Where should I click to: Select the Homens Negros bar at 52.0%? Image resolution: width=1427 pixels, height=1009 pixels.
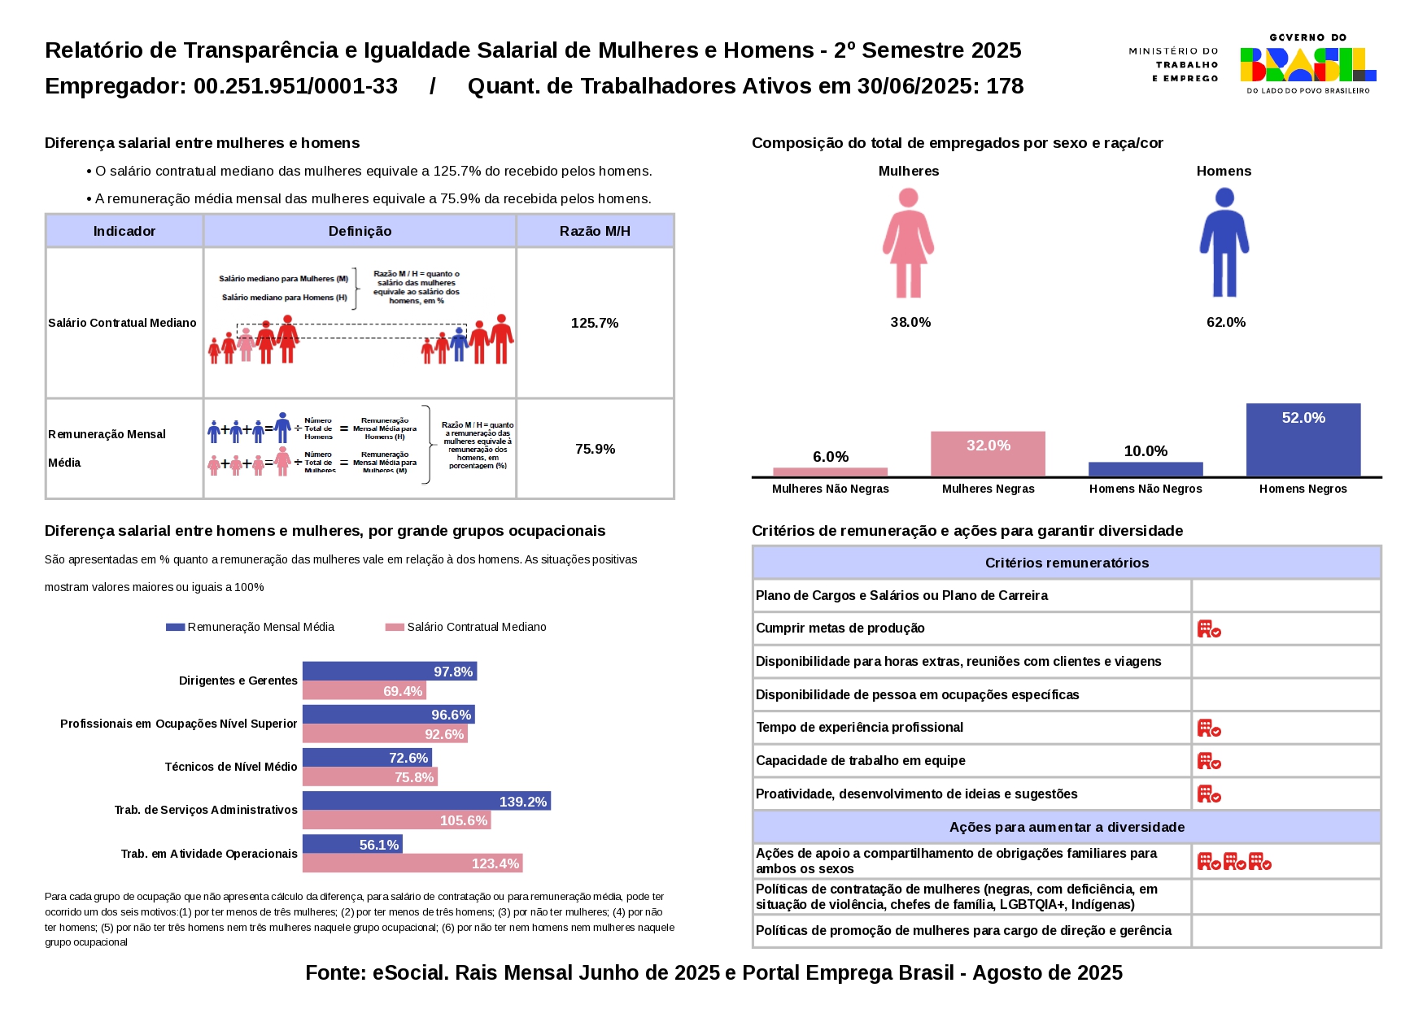tap(1303, 440)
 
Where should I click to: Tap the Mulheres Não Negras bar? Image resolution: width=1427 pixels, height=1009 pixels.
tap(830, 472)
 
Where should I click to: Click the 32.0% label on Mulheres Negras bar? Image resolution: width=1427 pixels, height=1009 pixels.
tap(988, 446)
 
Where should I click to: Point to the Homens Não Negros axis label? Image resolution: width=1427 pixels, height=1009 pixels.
tap(1145, 489)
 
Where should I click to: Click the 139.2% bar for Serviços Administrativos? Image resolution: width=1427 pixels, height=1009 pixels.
tap(426, 801)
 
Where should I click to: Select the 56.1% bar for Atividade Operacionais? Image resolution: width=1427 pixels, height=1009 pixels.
tap(352, 844)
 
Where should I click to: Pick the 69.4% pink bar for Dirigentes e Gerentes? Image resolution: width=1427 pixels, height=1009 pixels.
tap(364, 691)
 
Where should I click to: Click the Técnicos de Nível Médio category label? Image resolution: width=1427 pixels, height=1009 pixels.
tap(231, 767)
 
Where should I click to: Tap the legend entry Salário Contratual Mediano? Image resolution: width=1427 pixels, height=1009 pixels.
tap(476, 627)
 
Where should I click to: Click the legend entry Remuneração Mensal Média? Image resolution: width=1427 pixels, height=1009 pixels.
tap(260, 627)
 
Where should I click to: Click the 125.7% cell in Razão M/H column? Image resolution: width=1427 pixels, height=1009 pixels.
tap(595, 323)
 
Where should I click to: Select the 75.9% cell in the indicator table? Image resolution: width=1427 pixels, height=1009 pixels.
tap(595, 449)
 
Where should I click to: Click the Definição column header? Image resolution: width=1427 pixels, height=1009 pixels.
tap(360, 231)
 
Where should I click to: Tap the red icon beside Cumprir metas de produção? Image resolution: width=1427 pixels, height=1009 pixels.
tap(1208, 628)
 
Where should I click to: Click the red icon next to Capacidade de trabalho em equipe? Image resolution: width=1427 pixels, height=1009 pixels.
tap(1208, 761)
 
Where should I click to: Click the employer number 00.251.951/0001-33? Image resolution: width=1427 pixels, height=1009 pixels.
tap(295, 86)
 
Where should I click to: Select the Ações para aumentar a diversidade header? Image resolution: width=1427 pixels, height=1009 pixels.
tap(1066, 827)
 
